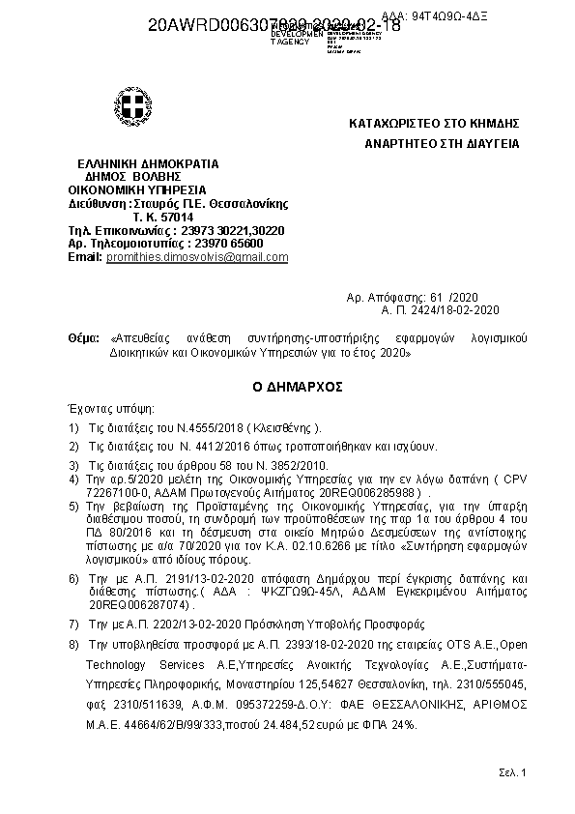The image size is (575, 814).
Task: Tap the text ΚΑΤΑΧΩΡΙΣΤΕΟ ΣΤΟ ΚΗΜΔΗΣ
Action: point(435,124)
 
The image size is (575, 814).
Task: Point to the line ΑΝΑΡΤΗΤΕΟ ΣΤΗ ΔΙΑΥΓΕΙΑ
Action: point(442,144)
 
